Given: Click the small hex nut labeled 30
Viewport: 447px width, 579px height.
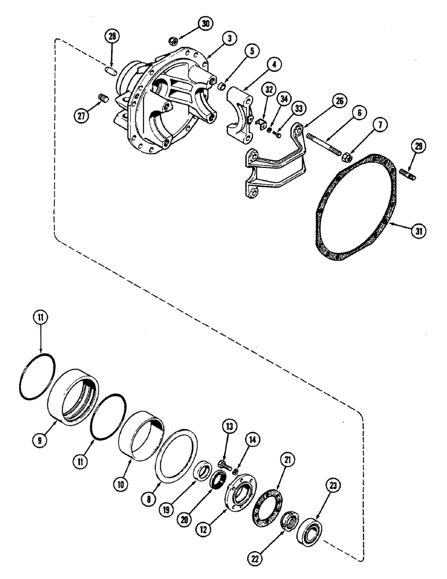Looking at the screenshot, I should coord(172,41).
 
